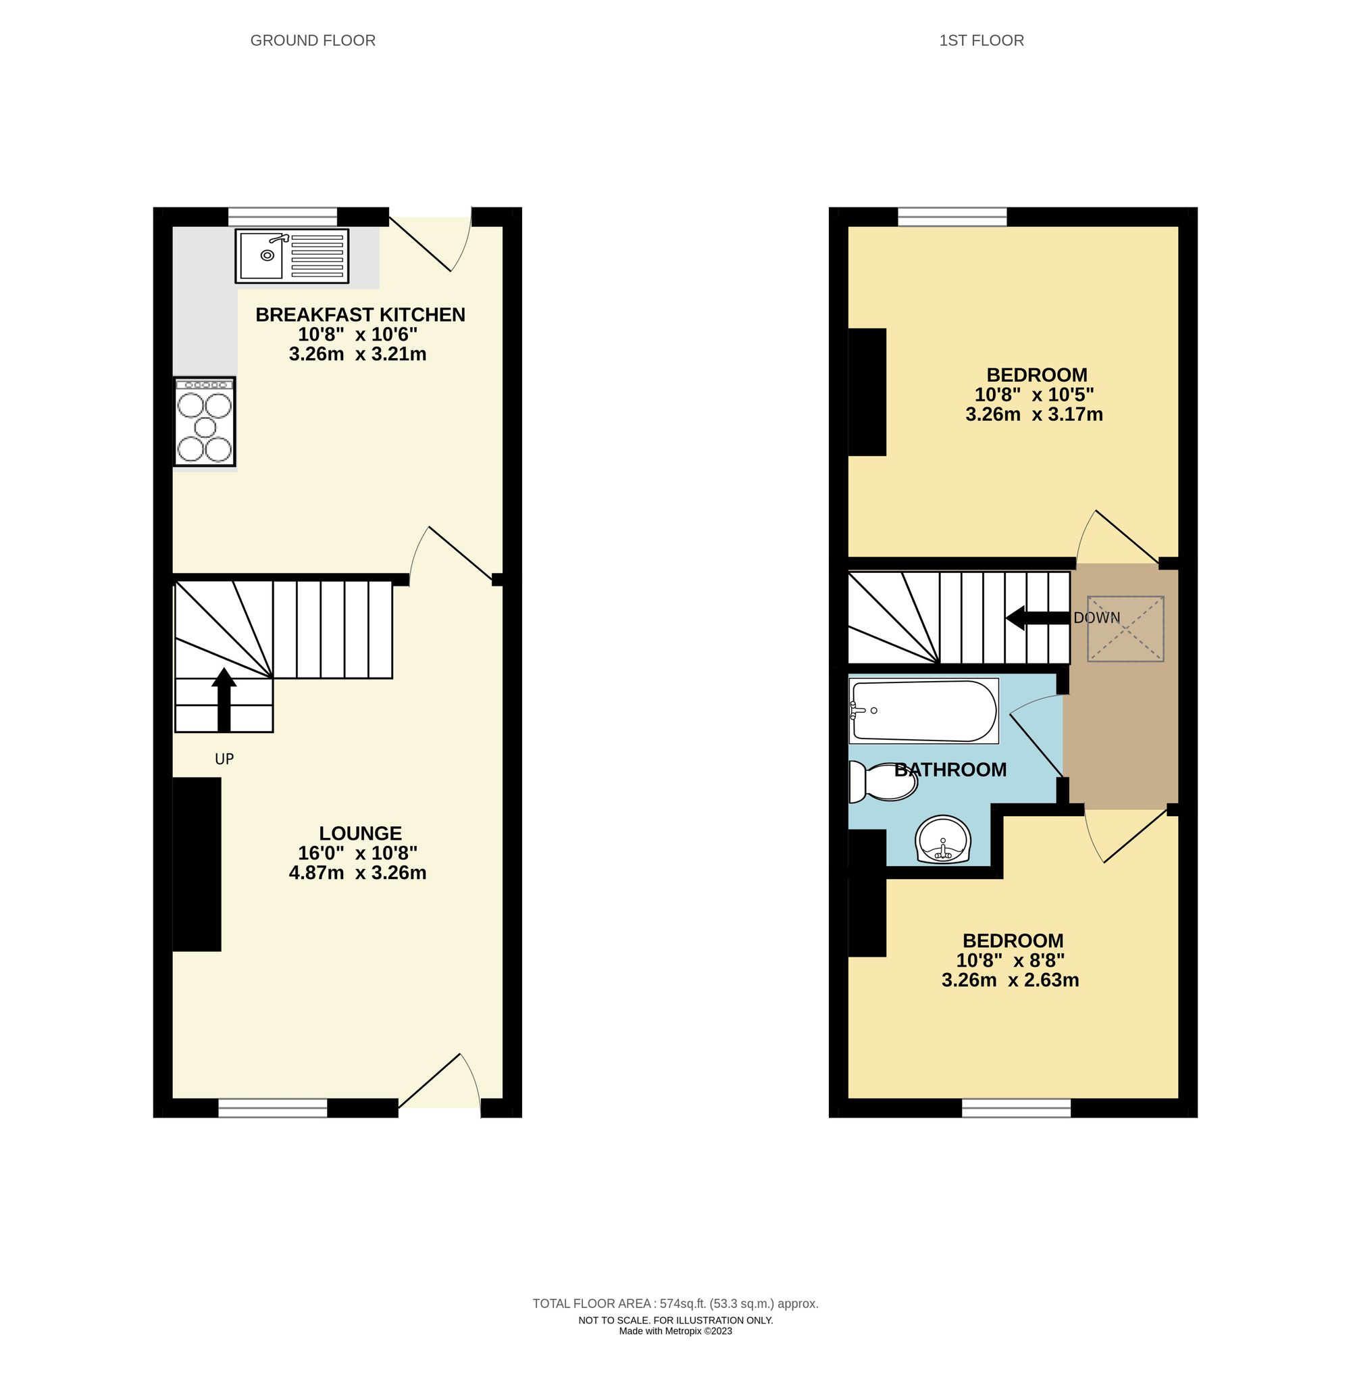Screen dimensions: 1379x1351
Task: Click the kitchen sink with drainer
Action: click(292, 255)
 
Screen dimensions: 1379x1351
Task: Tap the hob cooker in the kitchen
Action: click(205, 422)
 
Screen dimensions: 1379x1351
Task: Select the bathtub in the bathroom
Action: click(923, 710)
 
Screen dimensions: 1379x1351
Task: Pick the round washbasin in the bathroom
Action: click(942, 838)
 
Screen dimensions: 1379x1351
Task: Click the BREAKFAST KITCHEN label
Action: click(360, 314)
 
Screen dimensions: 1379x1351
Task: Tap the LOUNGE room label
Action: click(360, 832)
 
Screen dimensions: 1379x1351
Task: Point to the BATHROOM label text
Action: click(950, 770)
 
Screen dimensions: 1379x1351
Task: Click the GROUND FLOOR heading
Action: click(313, 41)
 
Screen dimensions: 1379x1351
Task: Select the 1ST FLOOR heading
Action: click(982, 41)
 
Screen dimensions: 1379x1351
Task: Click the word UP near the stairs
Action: click(224, 759)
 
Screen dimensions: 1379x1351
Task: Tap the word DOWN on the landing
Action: click(1096, 618)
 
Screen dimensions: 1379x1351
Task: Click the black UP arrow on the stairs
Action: click(224, 699)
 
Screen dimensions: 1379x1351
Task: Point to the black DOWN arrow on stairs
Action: click(1037, 618)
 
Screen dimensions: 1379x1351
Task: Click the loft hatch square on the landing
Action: click(1125, 629)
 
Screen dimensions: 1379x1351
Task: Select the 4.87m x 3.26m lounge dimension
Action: click(357, 872)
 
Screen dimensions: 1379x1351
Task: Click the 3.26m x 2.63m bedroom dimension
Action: click(1010, 980)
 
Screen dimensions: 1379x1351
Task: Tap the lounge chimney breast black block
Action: click(197, 863)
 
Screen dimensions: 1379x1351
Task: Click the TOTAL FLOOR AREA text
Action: click(675, 1303)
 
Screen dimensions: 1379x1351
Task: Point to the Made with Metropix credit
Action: click(675, 1331)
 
